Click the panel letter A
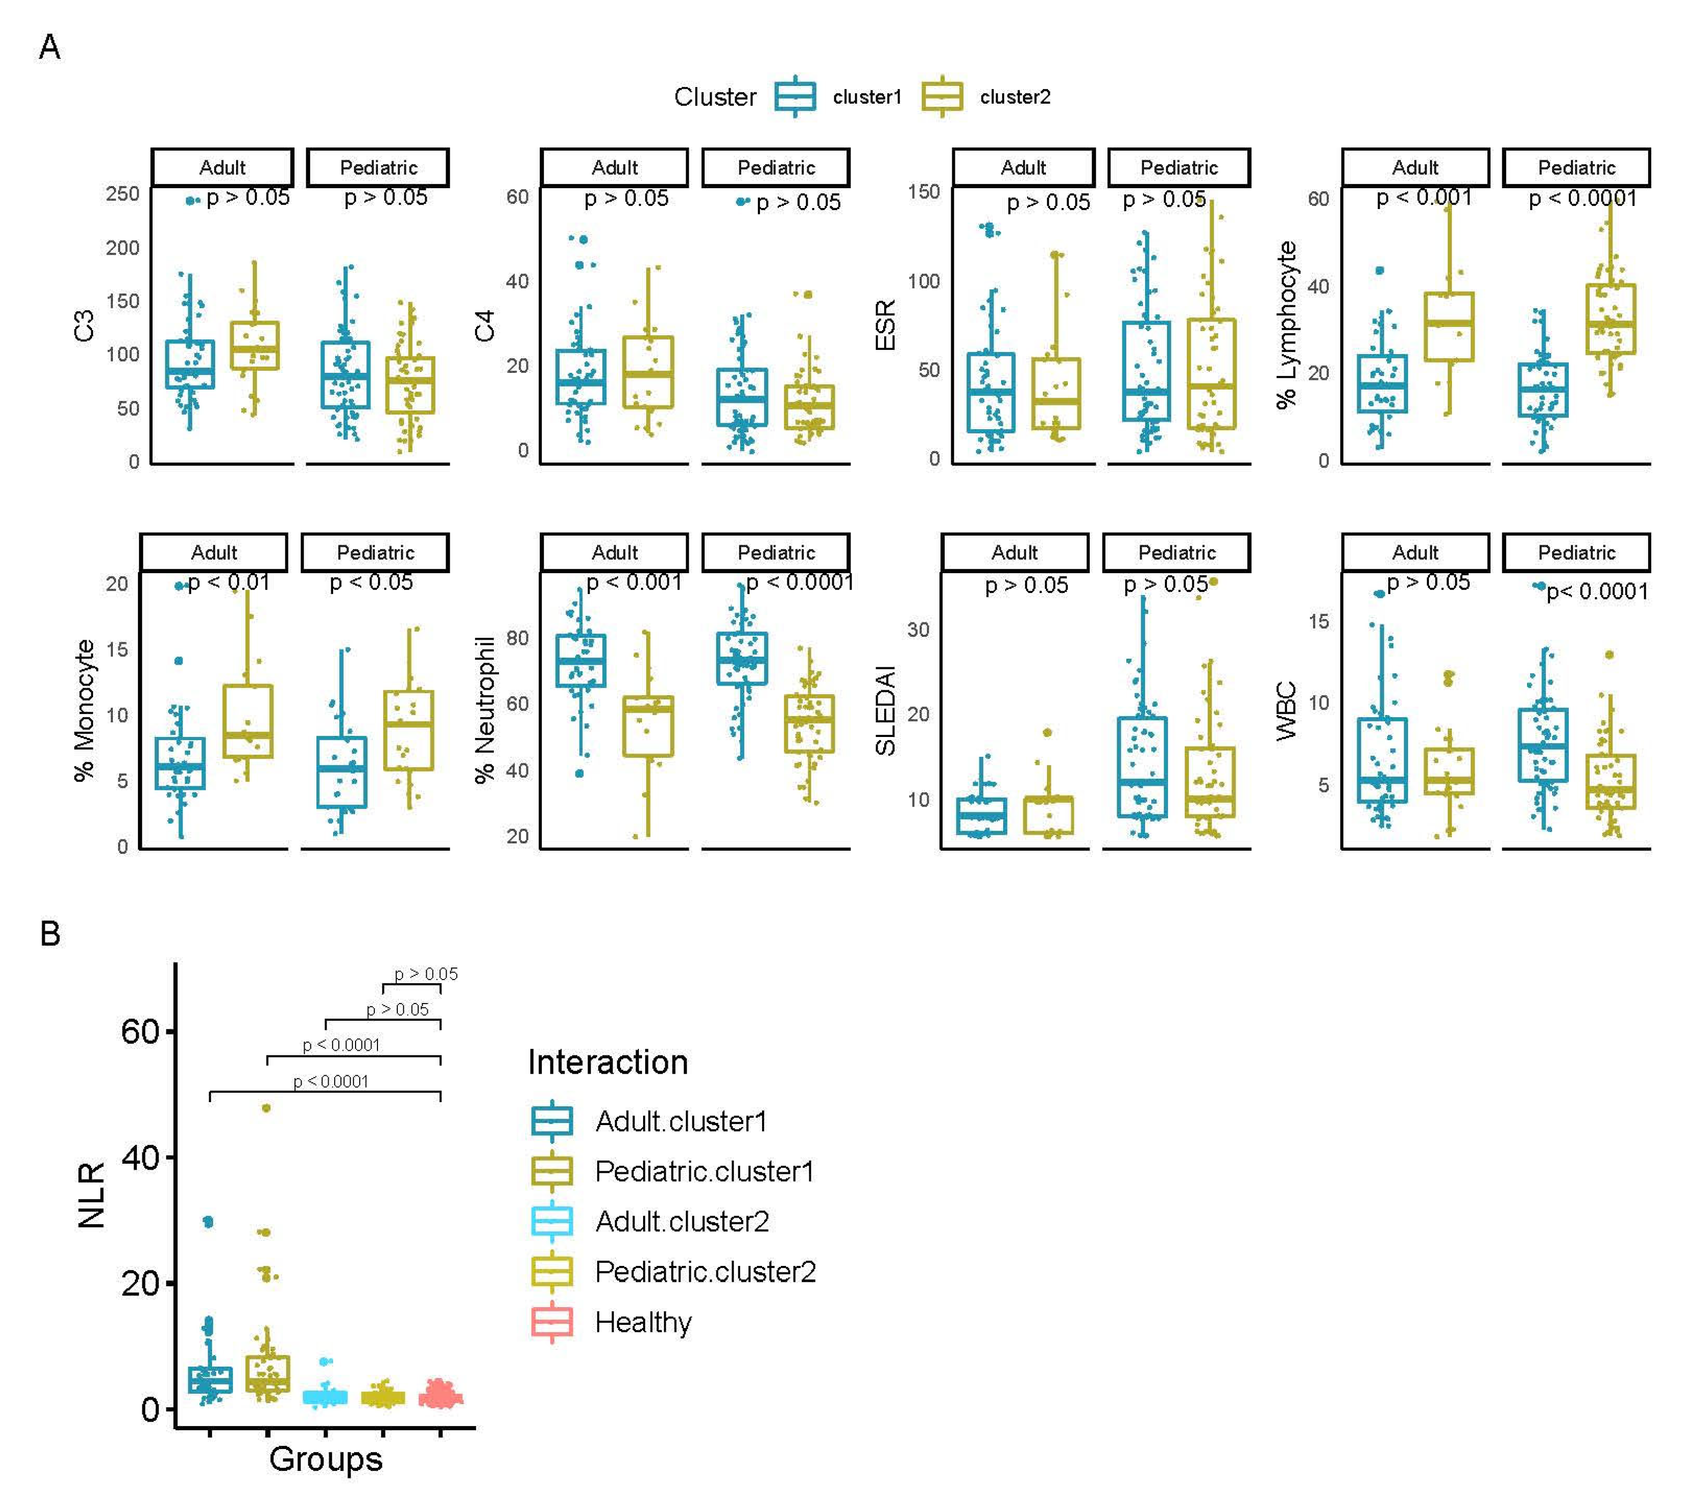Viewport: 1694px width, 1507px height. pos(50,47)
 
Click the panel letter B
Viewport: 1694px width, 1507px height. pos(50,934)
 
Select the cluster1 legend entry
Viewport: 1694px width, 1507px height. pos(866,97)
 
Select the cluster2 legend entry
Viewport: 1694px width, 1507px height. pos(1014,97)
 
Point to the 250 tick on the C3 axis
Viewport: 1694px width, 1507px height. pos(123,194)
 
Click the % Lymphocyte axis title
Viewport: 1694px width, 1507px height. pos(1286,326)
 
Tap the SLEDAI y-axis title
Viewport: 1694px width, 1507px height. pos(886,711)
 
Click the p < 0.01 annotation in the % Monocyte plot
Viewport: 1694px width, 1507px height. pos(229,582)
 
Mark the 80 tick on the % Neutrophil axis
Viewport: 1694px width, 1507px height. pos(517,638)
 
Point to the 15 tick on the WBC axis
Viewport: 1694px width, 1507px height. pos(1319,622)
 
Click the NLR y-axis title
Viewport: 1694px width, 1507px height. pos(91,1194)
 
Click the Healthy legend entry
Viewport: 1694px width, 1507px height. pos(642,1322)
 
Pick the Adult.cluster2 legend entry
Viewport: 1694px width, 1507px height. pos(681,1221)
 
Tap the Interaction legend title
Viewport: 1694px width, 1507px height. pos(607,1062)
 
